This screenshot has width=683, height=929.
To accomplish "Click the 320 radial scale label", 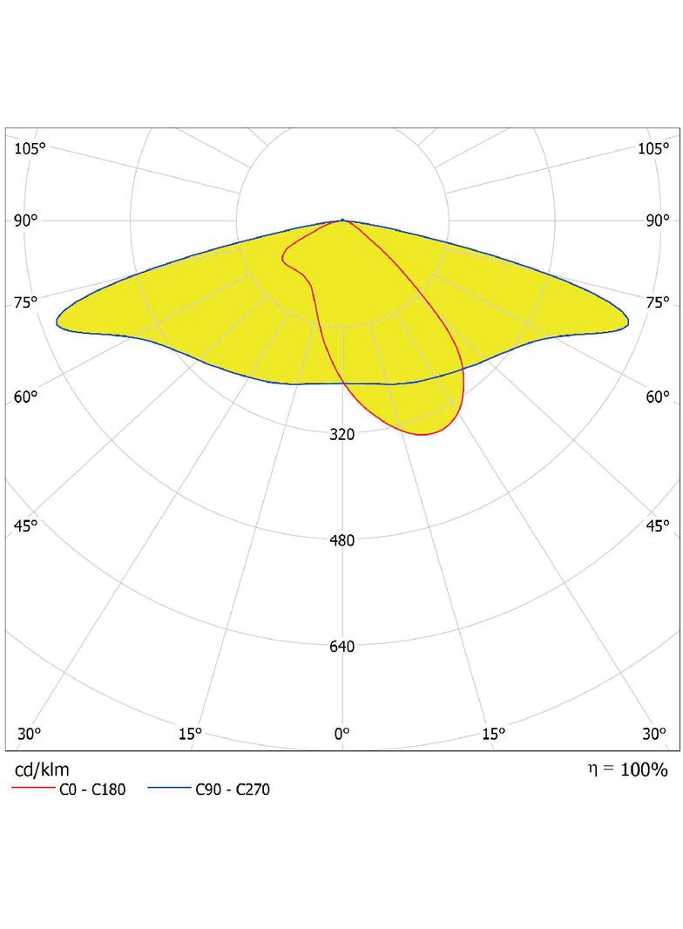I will click(x=342, y=434).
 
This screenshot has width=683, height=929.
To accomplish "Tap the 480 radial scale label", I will click(x=342, y=540).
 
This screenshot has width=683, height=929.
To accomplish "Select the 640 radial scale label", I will click(x=342, y=647).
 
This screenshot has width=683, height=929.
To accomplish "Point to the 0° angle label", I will click(x=342, y=734).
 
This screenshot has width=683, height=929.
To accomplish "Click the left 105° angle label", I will click(x=30, y=148).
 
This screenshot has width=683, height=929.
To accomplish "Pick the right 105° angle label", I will click(x=654, y=148).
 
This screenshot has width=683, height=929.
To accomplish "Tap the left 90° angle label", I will click(x=26, y=220).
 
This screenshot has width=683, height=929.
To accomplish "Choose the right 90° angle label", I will click(x=658, y=220).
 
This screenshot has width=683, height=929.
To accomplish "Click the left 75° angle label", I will click(x=26, y=302).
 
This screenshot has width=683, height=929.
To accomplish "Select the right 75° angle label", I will click(x=658, y=302).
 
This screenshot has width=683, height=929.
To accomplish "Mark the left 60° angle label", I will click(x=26, y=397).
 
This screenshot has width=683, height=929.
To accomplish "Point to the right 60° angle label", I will click(x=658, y=397).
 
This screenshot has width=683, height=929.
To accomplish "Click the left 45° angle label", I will click(x=26, y=526).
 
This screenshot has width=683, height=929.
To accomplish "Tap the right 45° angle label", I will click(x=658, y=526).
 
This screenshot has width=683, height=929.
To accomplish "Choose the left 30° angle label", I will click(x=29, y=734).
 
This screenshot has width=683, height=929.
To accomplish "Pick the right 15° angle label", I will click(x=493, y=734).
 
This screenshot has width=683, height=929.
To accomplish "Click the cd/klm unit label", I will click(x=42, y=770).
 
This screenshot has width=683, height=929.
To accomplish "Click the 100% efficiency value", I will click(x=645, y=770).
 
